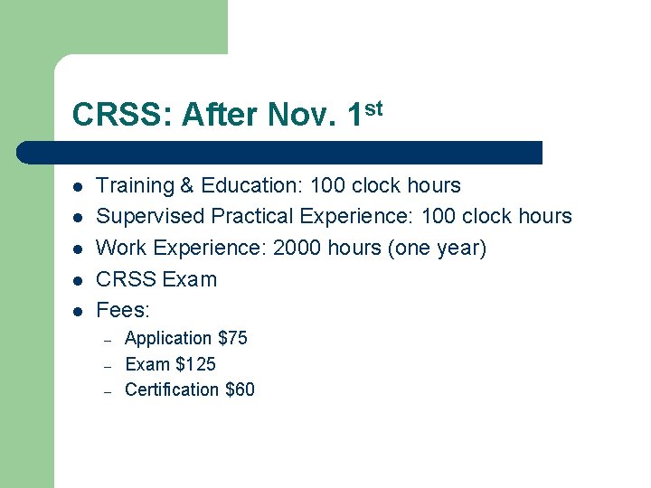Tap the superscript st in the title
[x=373, y=108]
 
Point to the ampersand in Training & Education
[x=188, y=186]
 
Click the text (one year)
[x=437, y=248]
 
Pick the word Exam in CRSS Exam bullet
[x=190, y=279]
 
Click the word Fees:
[x=123, y=310]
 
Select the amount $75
[x=233, y=338]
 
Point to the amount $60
[x=240, y=389]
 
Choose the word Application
[x=168, y=338]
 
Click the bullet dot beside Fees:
[x=79, y=311]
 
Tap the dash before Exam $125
[x=107, y=366]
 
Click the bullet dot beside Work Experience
[x=79, y=249]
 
